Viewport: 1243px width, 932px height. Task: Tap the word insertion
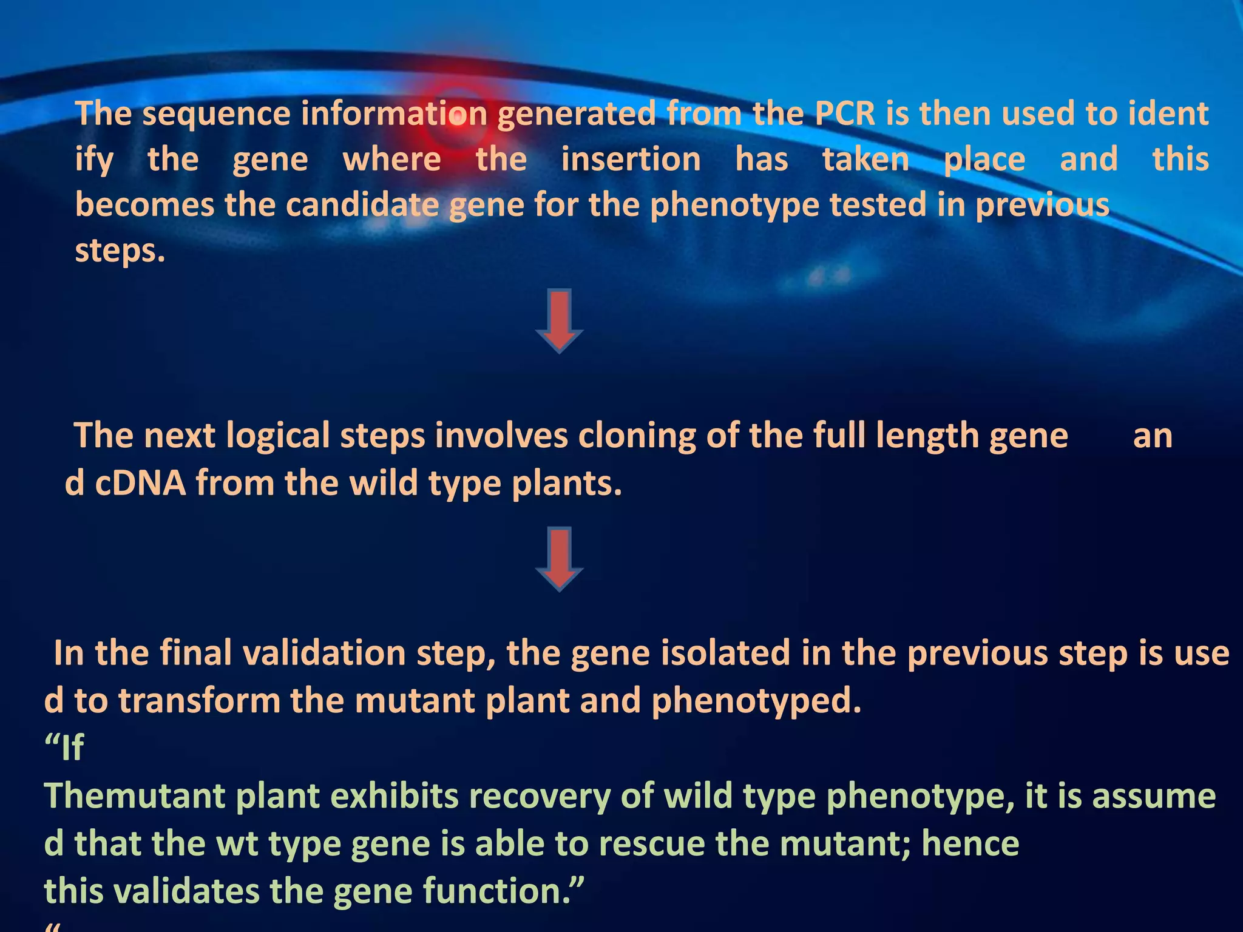coord(631,160)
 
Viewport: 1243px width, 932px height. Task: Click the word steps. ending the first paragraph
coord(120,251)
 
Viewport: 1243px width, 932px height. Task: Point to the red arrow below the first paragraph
coord(560,321)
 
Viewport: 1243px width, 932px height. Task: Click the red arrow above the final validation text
coord(560,559)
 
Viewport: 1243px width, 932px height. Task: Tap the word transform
coord(199,701)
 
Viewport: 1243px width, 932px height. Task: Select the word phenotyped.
coord(756,701)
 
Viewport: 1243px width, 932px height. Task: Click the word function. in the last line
coord(503,891)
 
